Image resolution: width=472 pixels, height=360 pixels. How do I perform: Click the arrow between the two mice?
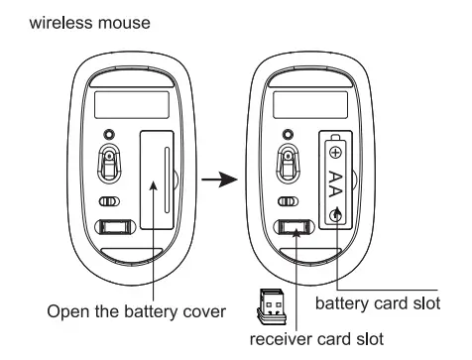click(x=219, y=181)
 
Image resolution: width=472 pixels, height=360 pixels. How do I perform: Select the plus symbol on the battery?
click(x=335, y=153)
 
